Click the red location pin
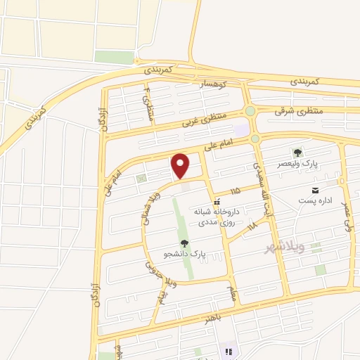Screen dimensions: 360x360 pos(181,166)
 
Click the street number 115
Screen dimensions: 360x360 pos(235,191)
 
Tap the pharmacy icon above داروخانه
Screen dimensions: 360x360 pos(217,202)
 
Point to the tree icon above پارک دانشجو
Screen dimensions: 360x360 pos(184,243)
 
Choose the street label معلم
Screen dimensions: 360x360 pos(232,289)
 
